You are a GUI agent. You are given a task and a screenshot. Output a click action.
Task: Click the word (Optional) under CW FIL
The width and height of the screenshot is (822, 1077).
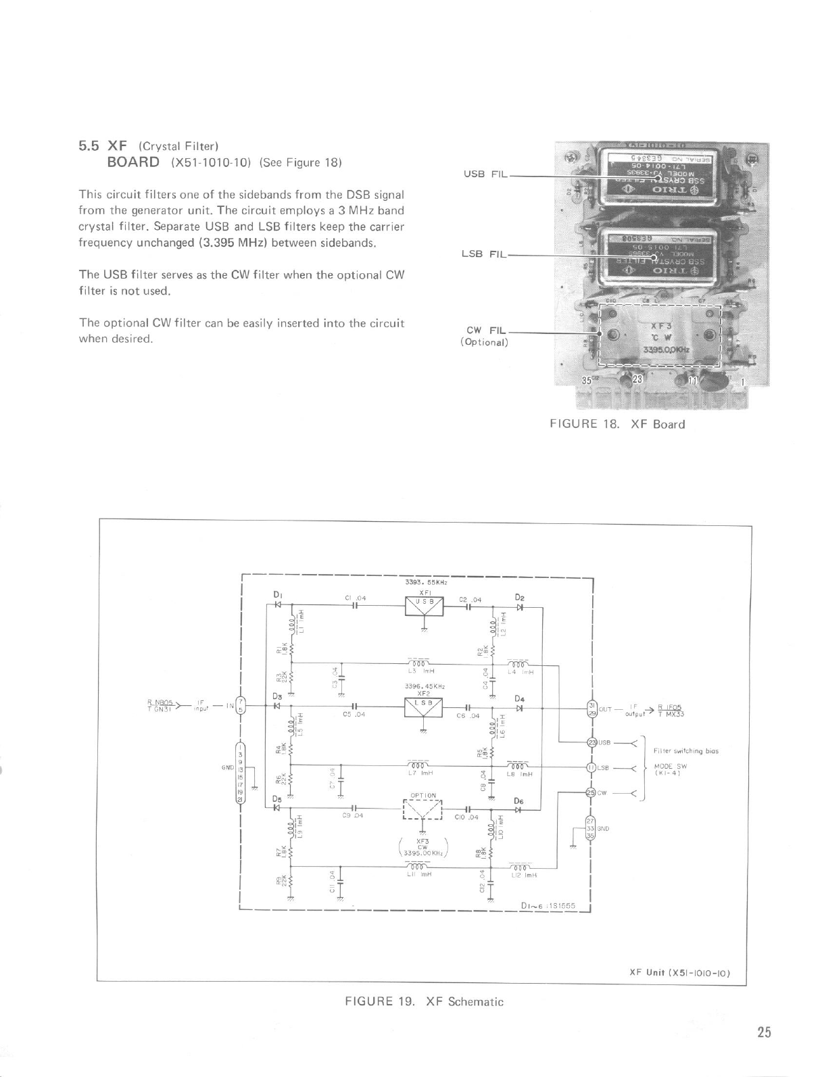(x=483, y=342)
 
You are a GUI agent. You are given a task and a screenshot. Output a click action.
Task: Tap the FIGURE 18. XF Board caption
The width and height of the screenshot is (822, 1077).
(x=617, y=425)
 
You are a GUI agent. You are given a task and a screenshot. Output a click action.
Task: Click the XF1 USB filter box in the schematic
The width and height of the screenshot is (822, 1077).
(x=423, y=606)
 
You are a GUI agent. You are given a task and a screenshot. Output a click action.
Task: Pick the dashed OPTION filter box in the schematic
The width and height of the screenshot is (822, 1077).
(x=423, y=808)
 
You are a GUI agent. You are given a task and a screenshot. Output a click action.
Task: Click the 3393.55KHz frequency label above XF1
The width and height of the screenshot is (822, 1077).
(x=423, y=582)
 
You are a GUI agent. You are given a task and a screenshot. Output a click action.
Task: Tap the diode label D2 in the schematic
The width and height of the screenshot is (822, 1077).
(x=519, y=597)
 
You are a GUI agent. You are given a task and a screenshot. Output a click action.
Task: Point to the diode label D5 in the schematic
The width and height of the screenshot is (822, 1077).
(x=276, y=798)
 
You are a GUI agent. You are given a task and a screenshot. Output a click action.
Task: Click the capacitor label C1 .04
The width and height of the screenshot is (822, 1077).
(x=355, y=598)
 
